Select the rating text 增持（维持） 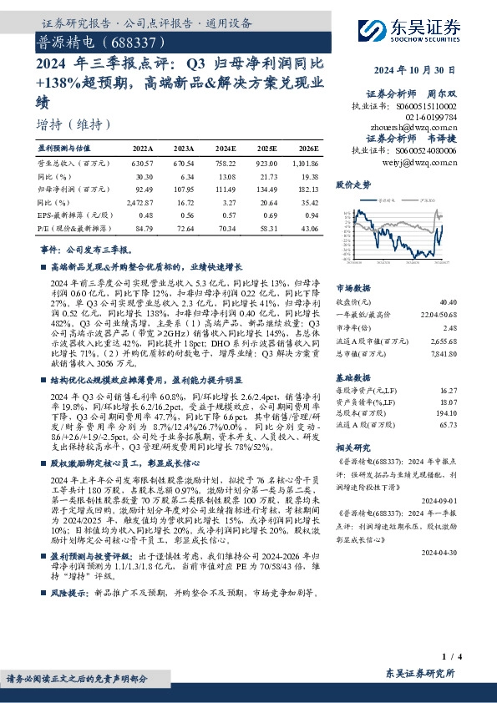[74, 124]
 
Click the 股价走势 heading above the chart [352, 184]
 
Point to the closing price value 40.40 [448, 301]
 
